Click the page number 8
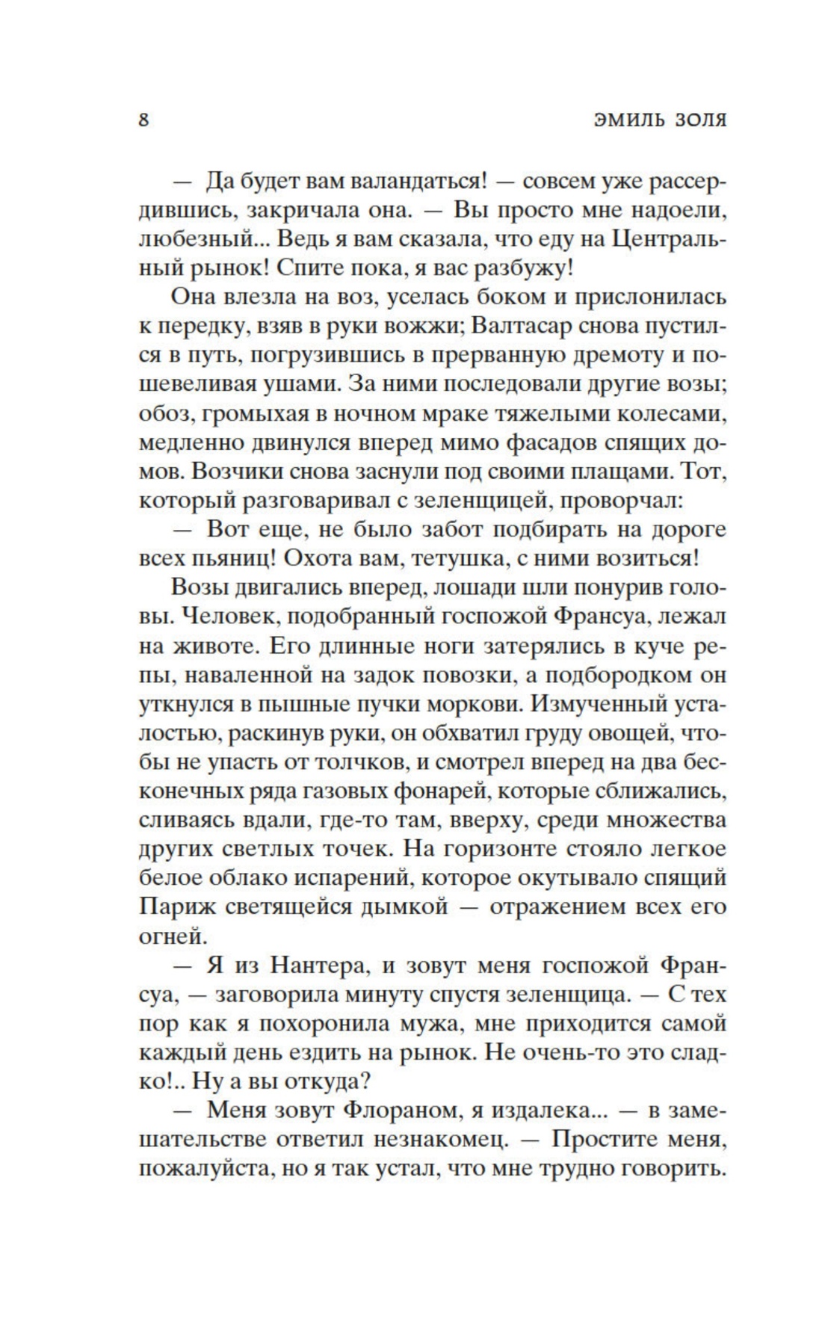pos(143,120)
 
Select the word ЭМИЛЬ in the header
pos(625,120)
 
